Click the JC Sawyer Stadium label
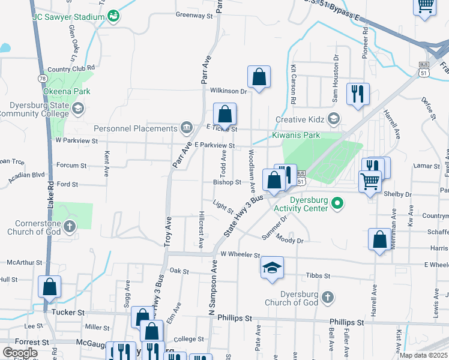point(68,17)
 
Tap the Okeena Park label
point(67,92)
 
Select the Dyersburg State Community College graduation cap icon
point(78,108)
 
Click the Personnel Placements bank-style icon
point(187,128)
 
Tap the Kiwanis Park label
point(296,136)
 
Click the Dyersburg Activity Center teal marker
point(337,203)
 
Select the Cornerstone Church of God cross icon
point(70,226)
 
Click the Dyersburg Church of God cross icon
point(328,297)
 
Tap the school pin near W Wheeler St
point(272,267)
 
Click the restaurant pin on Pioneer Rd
point(358,93)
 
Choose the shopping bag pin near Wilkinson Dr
point(259,77)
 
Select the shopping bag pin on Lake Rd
point(49,287)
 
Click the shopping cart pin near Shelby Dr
point(370,181)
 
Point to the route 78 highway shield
point(42,78)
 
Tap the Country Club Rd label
point(71,69)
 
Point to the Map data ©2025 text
point(423,355)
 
